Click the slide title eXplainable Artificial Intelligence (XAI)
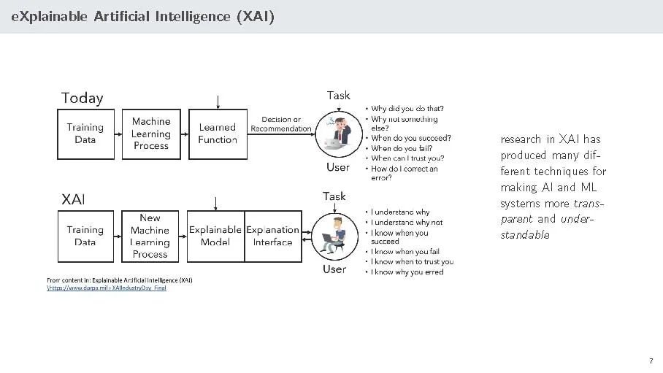(x=142, y=16)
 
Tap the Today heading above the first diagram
(x=82, y=98)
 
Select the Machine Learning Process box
(x=151, y=134)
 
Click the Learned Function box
(x=218, y=134)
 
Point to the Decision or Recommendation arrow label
(x=280, y=124)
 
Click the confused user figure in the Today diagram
(x=338, y=133)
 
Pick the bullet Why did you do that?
(x=407, y=109)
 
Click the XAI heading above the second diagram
(x=73, y=199)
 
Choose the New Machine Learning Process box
(x=150, y=236)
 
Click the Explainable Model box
(x=215, y=236)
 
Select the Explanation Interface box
(x=272, y=236)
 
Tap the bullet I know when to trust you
(x=412, y=261)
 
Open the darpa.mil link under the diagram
(x=107, y=288)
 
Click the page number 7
(x=650, y=361)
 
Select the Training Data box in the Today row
(x=85, y=134)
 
